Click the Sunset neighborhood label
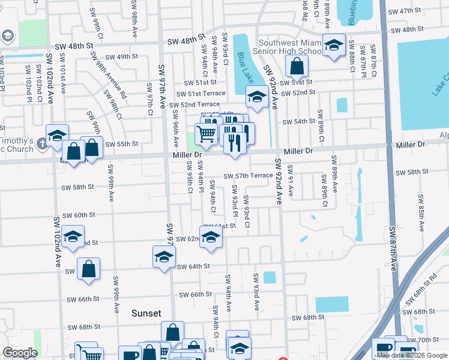146,313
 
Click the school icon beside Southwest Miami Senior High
333,45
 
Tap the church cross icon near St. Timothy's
41,144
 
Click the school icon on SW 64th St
164,257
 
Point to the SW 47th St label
405,11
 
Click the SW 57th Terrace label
249,176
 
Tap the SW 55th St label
122,144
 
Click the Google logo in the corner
20,353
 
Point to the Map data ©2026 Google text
412,355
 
